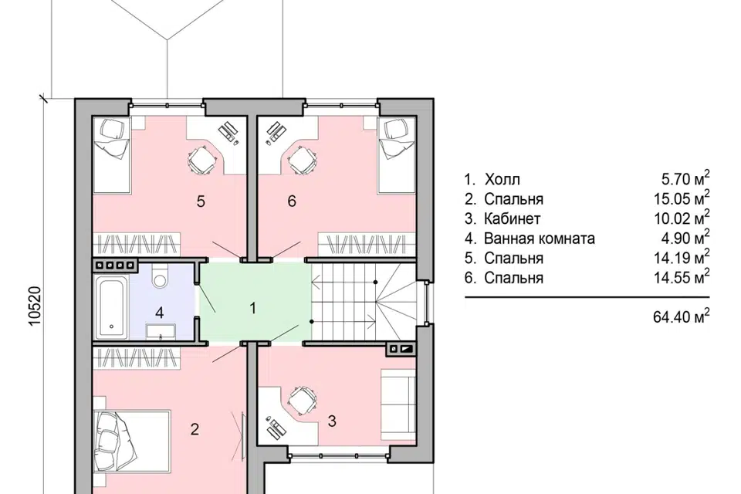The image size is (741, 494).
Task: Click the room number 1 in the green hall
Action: pos(253,308)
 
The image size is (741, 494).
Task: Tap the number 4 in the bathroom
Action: pos(160,313)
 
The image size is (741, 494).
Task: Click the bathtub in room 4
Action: pos(111,308)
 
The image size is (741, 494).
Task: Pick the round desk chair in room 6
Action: pos(300,160)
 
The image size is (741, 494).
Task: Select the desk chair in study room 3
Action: pos(301,400)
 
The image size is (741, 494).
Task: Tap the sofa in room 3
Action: pos(398,404)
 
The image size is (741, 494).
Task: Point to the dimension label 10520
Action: pos(36,306)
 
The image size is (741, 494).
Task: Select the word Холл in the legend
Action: pos(502,180)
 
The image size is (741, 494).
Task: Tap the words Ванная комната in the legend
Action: pos(540,239)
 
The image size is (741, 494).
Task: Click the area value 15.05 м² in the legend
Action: pos(682,198)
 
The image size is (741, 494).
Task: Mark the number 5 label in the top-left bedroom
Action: pos(201,201)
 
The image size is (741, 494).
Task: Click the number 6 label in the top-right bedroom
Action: pos(292,201)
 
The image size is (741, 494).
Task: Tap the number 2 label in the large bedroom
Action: pos(195,429)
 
